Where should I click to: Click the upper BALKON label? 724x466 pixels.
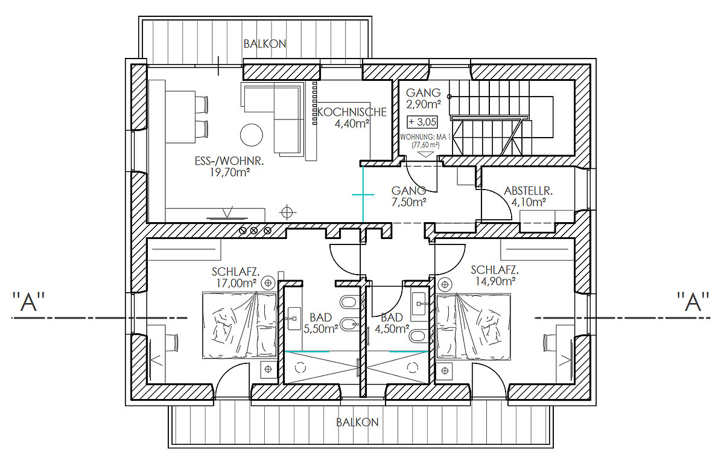[265, 44]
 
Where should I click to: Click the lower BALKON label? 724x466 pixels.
[357, 423]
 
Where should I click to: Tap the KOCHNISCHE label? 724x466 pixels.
[352, 112]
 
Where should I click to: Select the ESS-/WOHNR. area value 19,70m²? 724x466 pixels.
[230, 173]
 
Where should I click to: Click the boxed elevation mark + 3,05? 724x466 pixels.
[422, 122]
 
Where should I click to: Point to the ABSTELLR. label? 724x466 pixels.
[528, 191]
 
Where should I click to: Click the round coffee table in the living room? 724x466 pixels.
[252, 135]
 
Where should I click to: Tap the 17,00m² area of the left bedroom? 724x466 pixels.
[237, 283]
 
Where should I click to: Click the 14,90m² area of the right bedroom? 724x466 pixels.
[495, 281]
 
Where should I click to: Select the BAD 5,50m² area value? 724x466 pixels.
[321, 329]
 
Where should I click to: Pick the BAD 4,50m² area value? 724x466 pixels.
[392, 329]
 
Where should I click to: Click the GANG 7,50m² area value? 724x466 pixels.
[409, 202]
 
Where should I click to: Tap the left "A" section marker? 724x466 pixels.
[28, 301]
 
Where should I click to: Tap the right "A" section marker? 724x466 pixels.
[693, 301]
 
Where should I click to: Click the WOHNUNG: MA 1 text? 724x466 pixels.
[425, 137]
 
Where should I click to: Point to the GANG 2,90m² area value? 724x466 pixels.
[424, 104]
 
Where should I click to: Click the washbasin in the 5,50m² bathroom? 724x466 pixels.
[294, 319]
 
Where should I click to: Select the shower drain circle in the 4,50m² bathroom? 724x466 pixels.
[413, 368]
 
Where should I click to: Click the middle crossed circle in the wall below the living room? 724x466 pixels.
[254, 231]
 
